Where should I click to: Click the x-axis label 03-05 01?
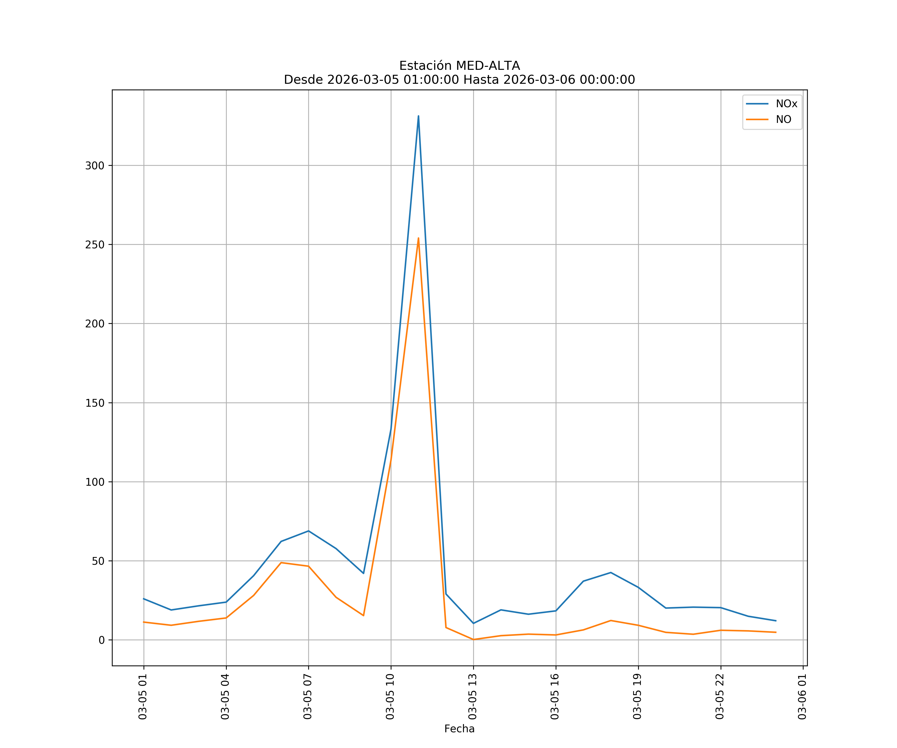(143, 697)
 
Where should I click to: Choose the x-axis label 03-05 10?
(390, 697)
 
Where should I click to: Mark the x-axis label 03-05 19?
(637, 697)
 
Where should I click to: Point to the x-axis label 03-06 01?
(802, 697)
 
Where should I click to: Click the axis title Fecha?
(459, 729)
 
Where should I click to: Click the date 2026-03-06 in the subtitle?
(539, 80)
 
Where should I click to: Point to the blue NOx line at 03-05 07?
(308, 531)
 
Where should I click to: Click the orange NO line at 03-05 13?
(473, 640)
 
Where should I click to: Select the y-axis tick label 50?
(98, 561)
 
